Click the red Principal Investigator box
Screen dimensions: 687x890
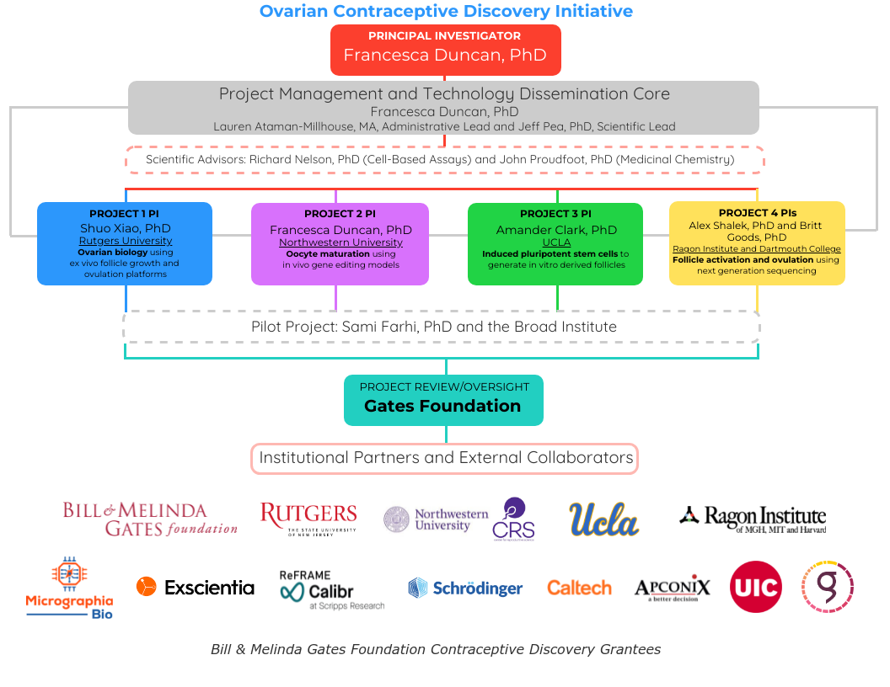(445, 49)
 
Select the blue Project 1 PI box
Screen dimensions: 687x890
(125, 243)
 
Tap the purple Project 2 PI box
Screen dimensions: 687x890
(340, 243)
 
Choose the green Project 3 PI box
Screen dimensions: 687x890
(555, 243)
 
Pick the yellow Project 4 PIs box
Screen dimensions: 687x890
(757, 243)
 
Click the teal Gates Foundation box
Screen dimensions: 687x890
(443, 399)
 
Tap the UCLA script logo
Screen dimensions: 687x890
(603, 519)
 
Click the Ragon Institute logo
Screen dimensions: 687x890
(753, 519)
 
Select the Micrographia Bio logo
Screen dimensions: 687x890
(69, 588)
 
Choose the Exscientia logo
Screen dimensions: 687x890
(196, 587)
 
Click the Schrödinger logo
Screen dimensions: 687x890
(465, 588)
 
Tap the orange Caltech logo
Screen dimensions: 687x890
(579, 588)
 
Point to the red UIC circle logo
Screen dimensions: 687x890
(755, 587)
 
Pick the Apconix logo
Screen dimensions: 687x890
(672, 588)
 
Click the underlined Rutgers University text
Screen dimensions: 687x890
(125, 241)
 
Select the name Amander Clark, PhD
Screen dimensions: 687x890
(555, 229)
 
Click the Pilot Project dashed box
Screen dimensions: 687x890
(442, 327)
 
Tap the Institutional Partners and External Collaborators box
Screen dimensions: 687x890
(445, 458)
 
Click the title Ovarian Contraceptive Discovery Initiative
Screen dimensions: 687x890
(446, 11)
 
